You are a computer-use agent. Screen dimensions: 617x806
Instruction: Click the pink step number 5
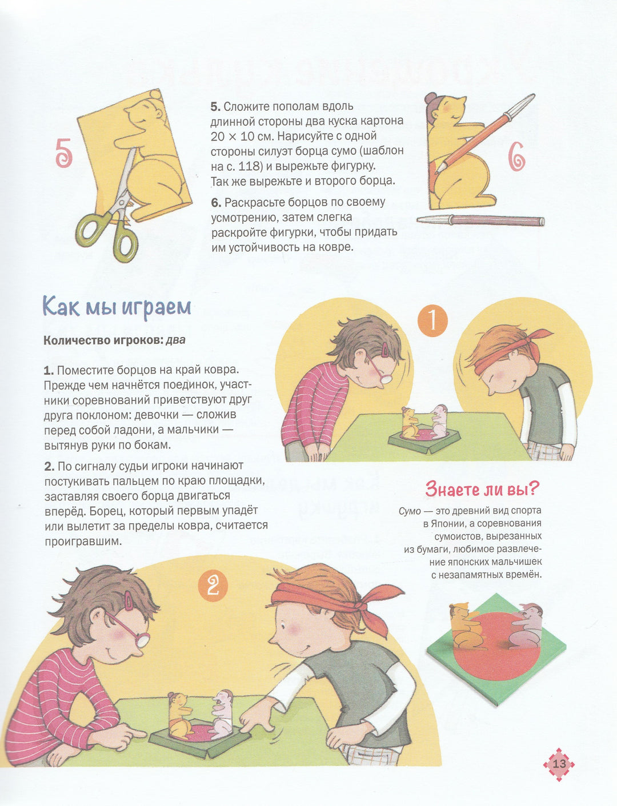[x=63, y=154]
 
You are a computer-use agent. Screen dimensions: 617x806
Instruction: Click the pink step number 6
[x=516, y=157]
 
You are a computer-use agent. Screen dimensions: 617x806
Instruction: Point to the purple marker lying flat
[x=480, y=220]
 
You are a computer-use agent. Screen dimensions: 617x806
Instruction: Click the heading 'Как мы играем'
[x=117, y=307]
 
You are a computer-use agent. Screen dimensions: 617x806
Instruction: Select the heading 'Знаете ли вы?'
[x=483, y=489]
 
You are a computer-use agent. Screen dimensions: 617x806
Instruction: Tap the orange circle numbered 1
[x=432, y=320]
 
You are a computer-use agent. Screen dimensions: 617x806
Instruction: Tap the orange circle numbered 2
[x=213, y=586]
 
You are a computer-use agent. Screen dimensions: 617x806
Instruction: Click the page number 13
[x=559, y=764]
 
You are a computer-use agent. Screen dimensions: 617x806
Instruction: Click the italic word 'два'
[x=175, y=340]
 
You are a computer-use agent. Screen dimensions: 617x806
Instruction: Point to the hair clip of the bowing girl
[x=385, y=349]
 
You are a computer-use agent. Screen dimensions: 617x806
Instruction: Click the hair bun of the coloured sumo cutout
[x=430, y=98]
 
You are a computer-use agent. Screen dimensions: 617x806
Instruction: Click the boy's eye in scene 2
[x=283, y=625]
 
